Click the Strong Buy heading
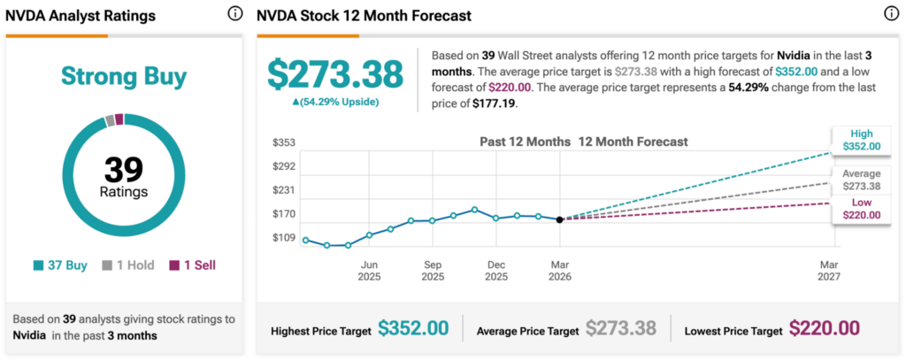click(x=124, y=77)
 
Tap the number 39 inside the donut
click(x=123, y=168)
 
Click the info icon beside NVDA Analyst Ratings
click(x=234, y=13)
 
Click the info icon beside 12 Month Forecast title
click(x=890, y=13)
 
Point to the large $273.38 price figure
click(x=335, y=74)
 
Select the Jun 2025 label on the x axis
click(x=369, y=270)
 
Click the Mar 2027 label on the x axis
click(x=829, y=270)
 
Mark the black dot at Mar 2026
click(x=559, y=219)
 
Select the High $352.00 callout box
click(x=862, y=140)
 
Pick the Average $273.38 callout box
click(x=862, y=180)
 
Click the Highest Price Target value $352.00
click(x=413, y=328)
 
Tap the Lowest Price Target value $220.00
click(x=824, y=328)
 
